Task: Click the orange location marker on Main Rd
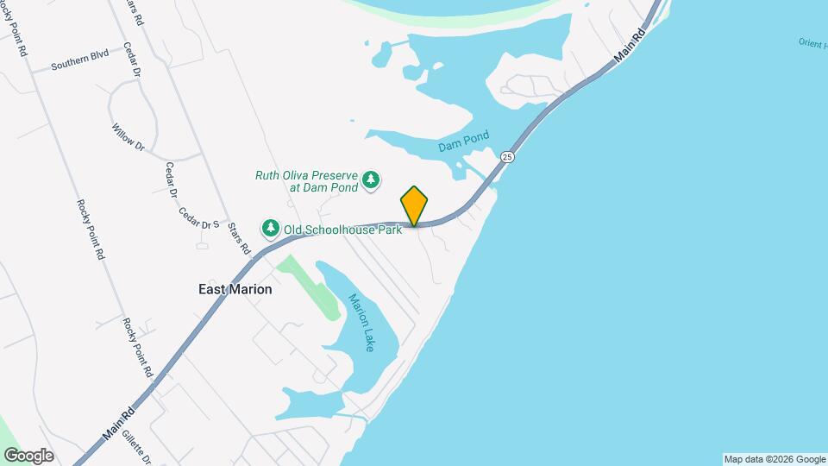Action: (x=414, y=206)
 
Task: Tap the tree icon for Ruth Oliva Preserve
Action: (x=371, y=179)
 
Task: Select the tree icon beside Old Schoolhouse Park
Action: (x=271, y=229)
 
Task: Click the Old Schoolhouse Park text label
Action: (x=342, y=230)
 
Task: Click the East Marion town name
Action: (x=235, y=289)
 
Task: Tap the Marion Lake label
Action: (x=361, y=322)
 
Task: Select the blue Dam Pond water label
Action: (x=463, y=142)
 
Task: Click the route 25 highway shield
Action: (x=507, y=157)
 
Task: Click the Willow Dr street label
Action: (x=127, y=137)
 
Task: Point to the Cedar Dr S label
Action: (x=199, y=217)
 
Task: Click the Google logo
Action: (x=28, y=456)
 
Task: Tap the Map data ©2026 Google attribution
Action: (x=775, y=459)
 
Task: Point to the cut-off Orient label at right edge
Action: (x=812, y=42)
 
